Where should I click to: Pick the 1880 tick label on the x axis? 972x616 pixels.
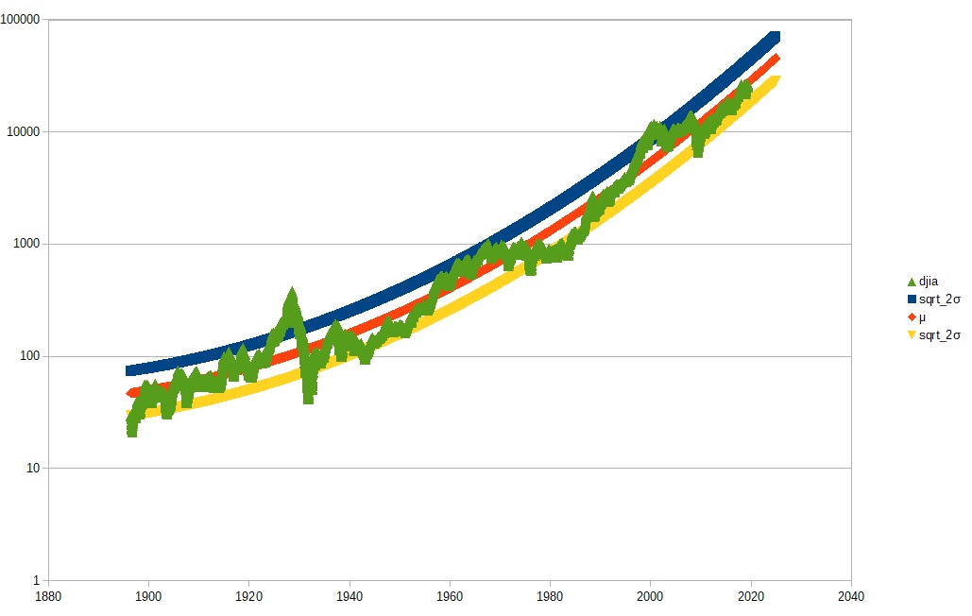47,596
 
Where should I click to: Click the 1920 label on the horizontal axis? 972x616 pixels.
248,596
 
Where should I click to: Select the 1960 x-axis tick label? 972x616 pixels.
450,596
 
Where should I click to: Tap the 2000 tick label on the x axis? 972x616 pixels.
650,596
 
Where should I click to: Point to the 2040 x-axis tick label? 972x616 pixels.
851,596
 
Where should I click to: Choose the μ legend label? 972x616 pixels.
922,317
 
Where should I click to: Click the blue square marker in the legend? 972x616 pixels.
912,299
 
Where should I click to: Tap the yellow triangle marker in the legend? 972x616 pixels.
912,334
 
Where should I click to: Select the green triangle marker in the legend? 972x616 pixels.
912,282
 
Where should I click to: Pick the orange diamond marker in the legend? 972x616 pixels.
912,317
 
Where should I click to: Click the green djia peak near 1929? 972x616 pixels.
292,295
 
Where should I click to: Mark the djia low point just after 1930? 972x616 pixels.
308,397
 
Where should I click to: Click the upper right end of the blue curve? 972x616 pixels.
776,36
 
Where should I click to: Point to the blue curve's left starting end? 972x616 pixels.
130,370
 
